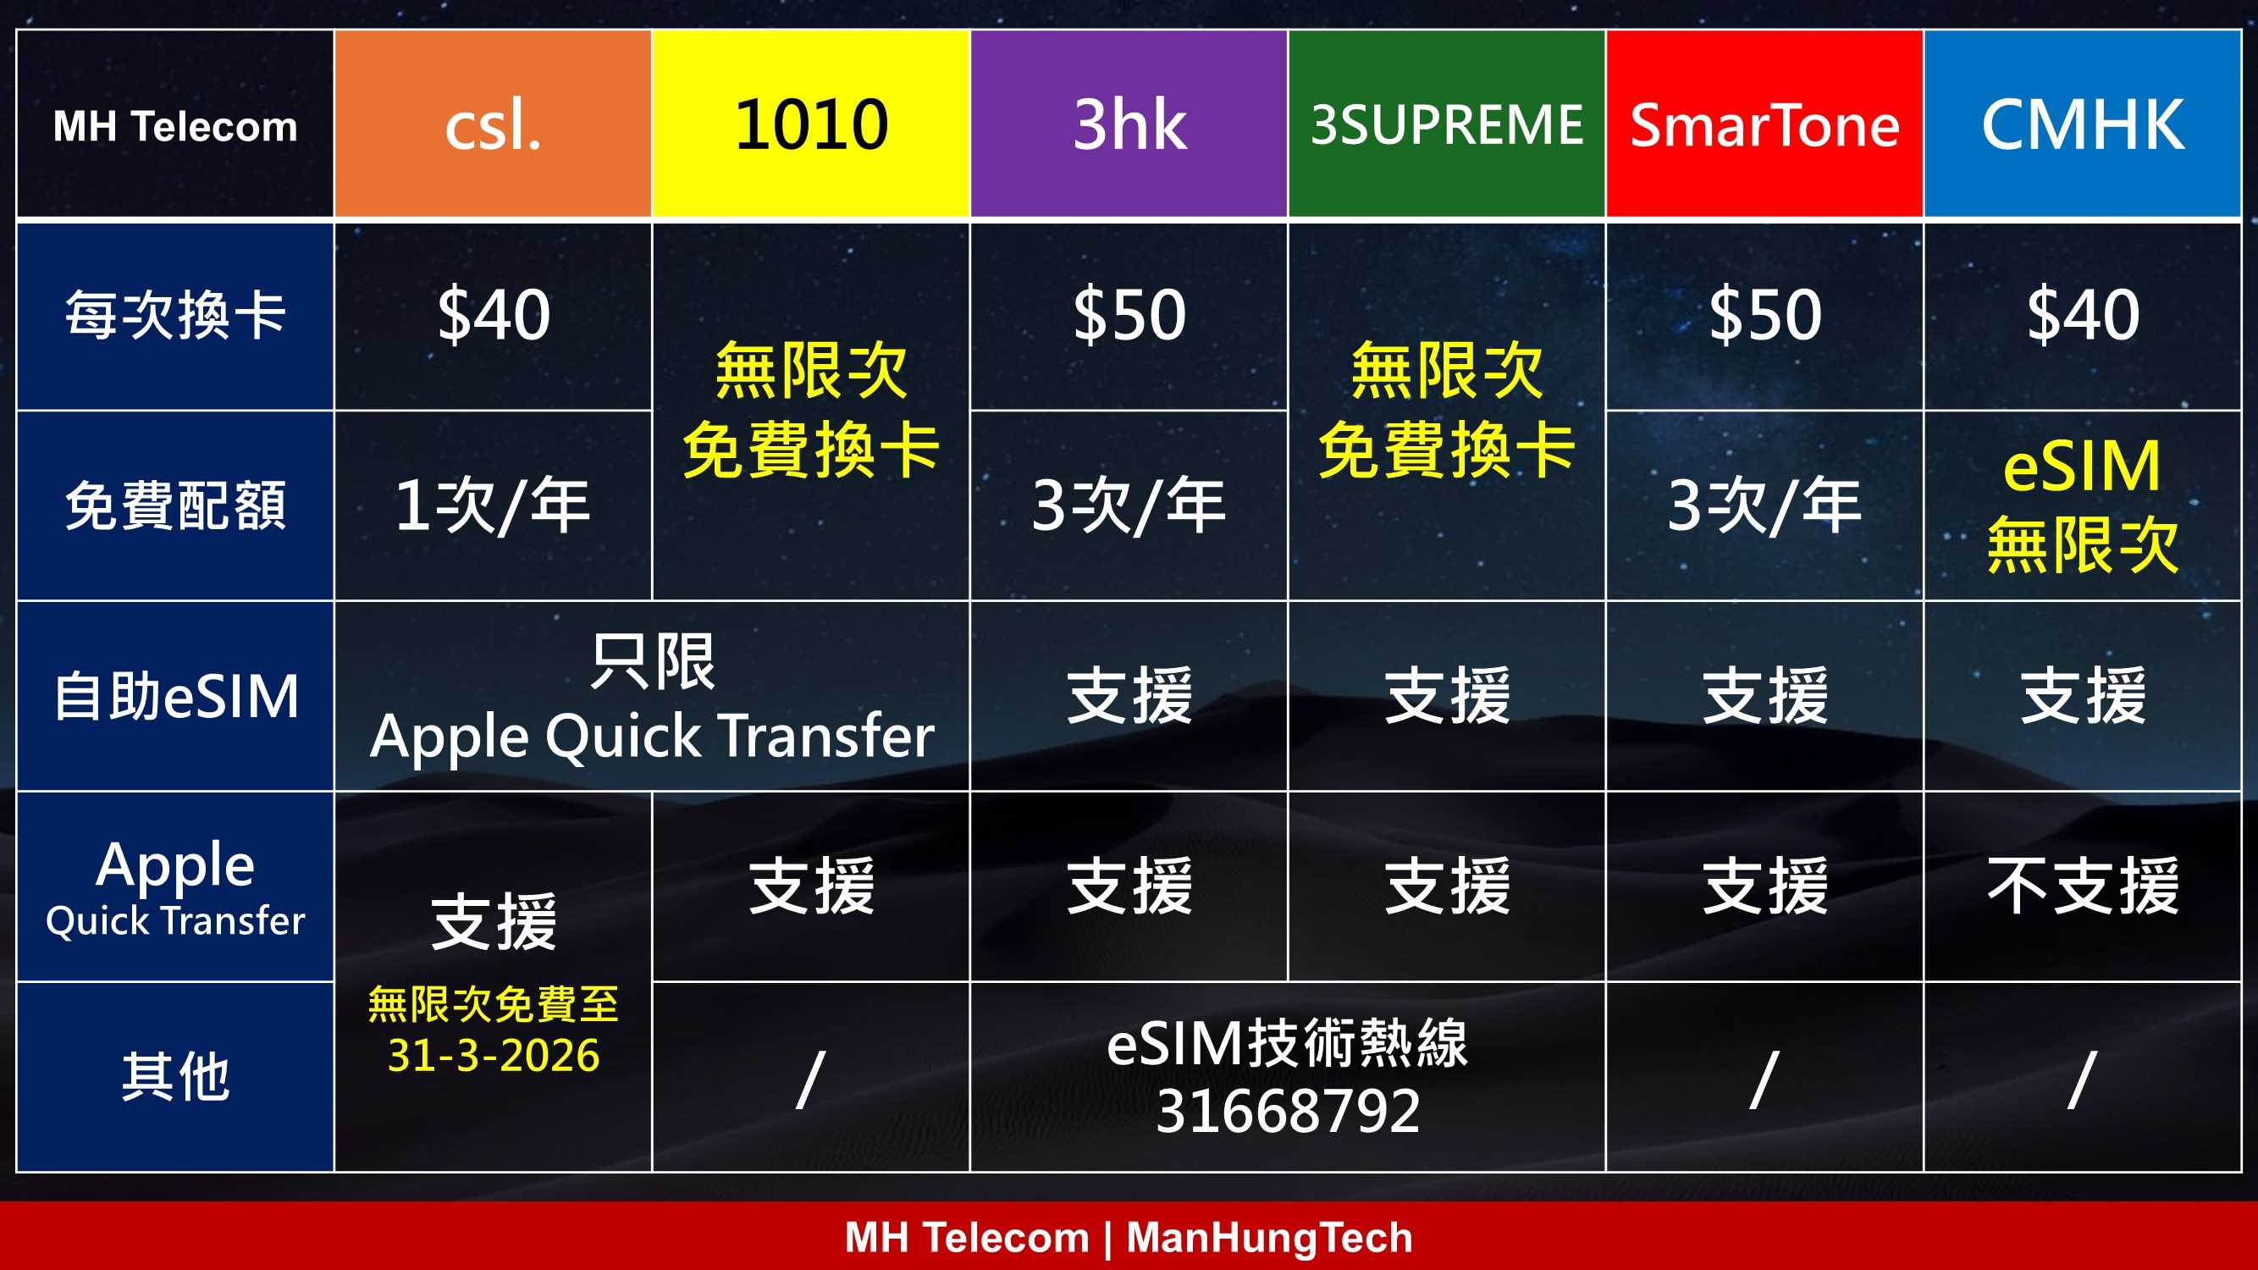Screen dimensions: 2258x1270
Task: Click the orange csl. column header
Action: pos(493,124)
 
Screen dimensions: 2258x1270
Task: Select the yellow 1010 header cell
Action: pos(811,124)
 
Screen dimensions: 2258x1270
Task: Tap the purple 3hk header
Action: pos(1129,124)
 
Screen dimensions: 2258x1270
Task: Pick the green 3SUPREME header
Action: pos(1446,124)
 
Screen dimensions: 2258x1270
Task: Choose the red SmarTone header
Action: pos(1764,124)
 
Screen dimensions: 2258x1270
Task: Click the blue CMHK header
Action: pos(2083,124)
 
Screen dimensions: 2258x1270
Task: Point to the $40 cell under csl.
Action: pos(494,316)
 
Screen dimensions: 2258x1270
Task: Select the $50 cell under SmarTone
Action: pos(1764,316)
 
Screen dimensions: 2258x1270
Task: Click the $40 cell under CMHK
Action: pos(2083,316)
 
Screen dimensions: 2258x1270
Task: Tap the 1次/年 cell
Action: pos(494,505)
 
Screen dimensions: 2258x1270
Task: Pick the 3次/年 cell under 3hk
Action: pos(1129,505)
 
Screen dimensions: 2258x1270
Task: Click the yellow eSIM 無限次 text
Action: pos(2083,505)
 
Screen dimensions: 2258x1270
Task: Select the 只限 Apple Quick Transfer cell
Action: pos(652,697)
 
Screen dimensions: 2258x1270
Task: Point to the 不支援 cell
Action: pos(2083,886)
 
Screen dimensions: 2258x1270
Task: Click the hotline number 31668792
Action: pos(1288,1112)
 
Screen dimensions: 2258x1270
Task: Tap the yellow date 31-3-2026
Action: pos(494,1055)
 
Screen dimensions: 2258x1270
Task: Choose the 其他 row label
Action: pos(175,1077)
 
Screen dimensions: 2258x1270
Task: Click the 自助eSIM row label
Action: pos(175,697)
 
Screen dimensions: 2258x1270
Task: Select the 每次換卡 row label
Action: pos(175,316)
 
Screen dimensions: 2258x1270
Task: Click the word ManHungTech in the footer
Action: pos(1269,1238)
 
